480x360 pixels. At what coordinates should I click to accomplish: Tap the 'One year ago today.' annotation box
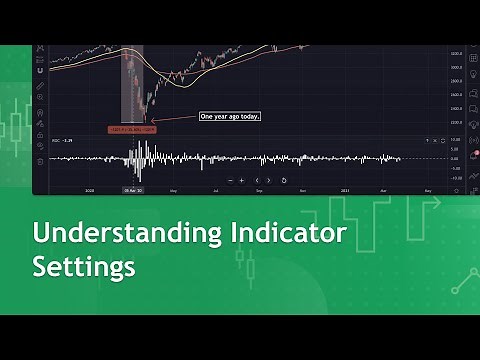(230, 117)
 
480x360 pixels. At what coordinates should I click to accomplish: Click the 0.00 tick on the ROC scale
(454, 158)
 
